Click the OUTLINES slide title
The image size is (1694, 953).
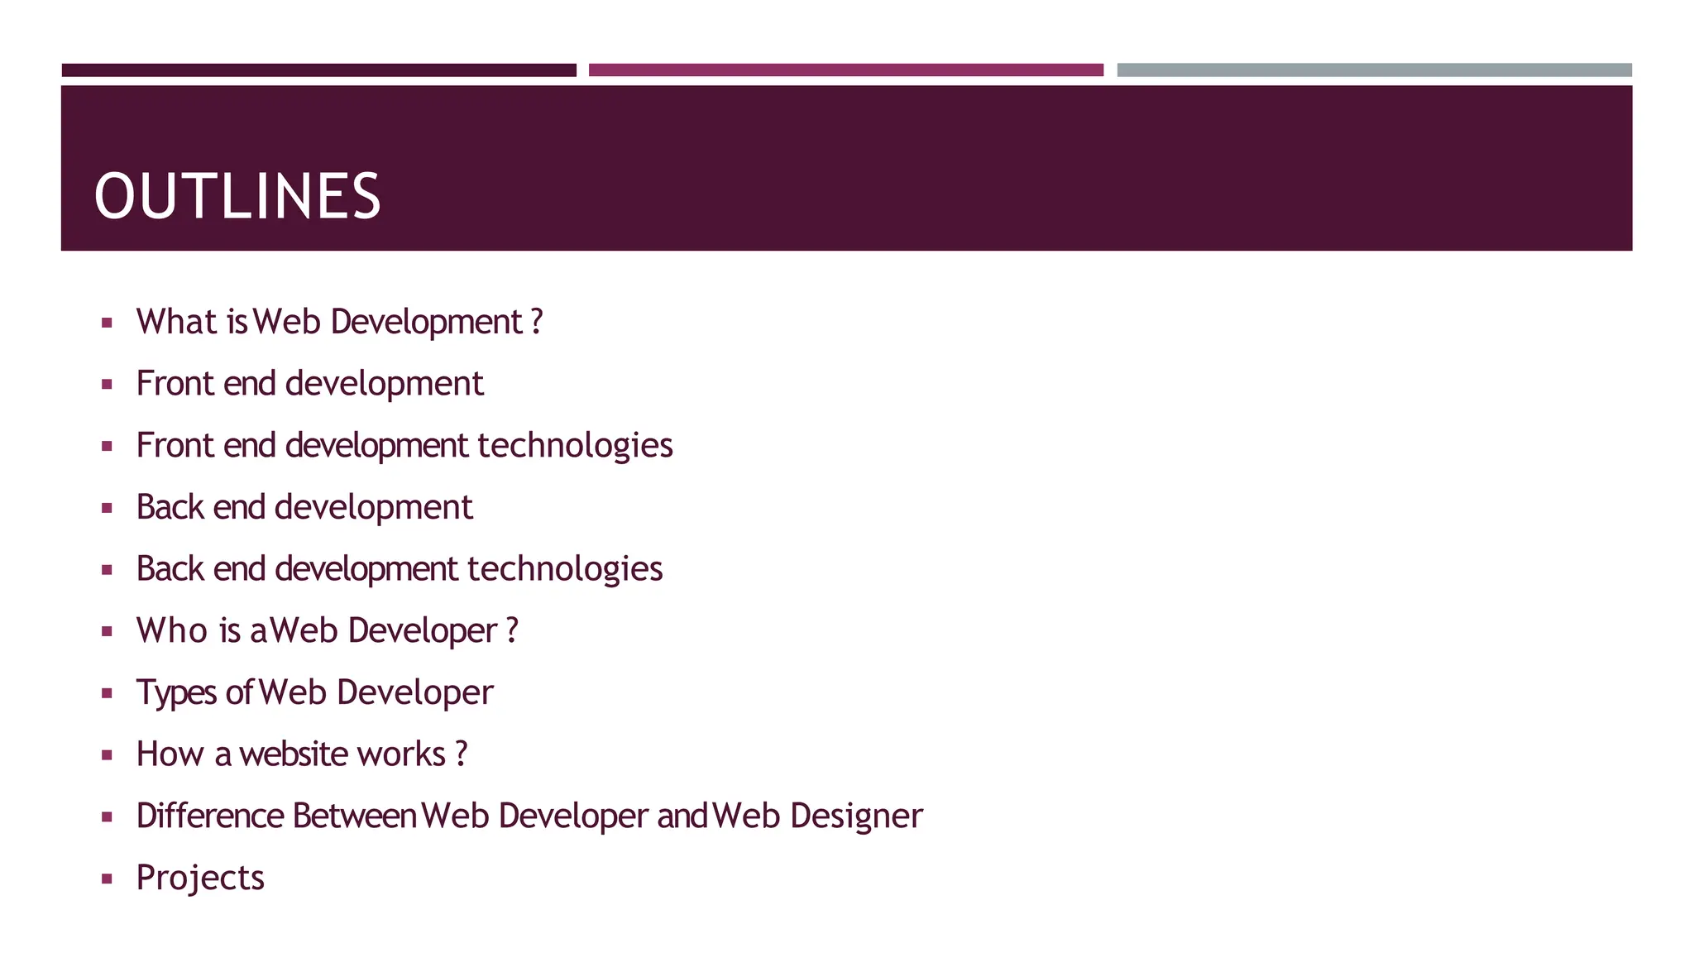tap(237, 197)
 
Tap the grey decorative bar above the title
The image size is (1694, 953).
tap(1374, 70)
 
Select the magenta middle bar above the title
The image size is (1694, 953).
tap(845, 70)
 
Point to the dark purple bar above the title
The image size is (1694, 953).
tap(318, 70)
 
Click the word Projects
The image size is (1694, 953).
tap(200, 878)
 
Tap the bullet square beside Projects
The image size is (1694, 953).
tap(107, 879)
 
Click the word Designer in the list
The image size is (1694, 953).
tap(856, 816)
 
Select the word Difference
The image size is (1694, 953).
tap(210, 816)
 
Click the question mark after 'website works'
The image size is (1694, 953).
tap(462, 754)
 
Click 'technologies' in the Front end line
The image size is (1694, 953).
tap(575, 445)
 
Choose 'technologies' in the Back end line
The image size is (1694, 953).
tap(565, 569)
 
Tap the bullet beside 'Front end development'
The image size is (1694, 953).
tap(107, 384)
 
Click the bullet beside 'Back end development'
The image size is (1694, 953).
tap(107, 508)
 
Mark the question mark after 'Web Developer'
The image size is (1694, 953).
tap(513, 630)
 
